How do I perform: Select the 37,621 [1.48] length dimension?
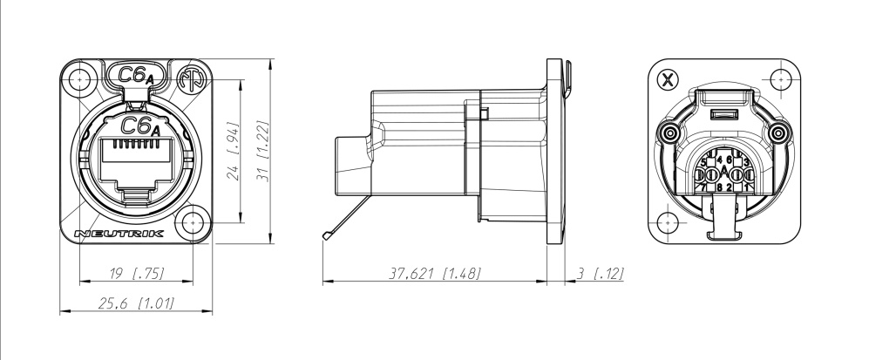click(x=433, y=273)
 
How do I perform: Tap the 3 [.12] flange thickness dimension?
click(x=601, y=273)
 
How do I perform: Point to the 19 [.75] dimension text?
click(x=136, y=274)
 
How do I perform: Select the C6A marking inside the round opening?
click(x=138, y=126)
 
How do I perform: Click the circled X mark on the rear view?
click(x=668, y=81)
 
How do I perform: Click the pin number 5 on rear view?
click(x=703, y=163)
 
